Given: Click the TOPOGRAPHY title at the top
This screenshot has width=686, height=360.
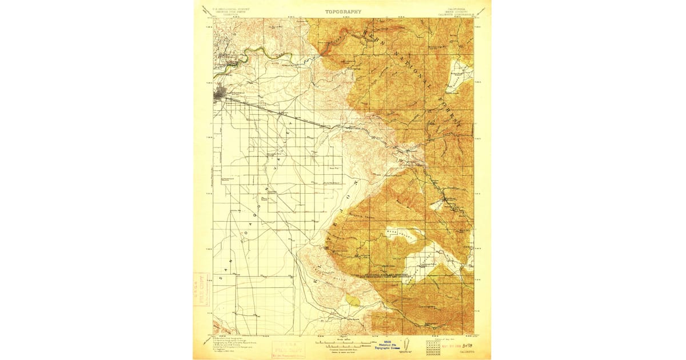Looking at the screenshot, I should pyautogui.click(x=343, y=11).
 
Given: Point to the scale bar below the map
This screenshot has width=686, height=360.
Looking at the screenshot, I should pyautogui.click(x=343, y=345).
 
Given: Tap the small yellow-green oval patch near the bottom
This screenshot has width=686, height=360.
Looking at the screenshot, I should pyautogui.click(x=353, y=299).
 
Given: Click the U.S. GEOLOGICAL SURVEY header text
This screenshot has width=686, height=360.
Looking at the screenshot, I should pyautogui.click(x=231, y=9).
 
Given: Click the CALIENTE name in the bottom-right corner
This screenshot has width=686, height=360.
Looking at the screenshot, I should pyautogui.click(x=465, y=353).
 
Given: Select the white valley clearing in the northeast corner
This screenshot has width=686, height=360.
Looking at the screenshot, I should pyautogui.click(x=461, y=71).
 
